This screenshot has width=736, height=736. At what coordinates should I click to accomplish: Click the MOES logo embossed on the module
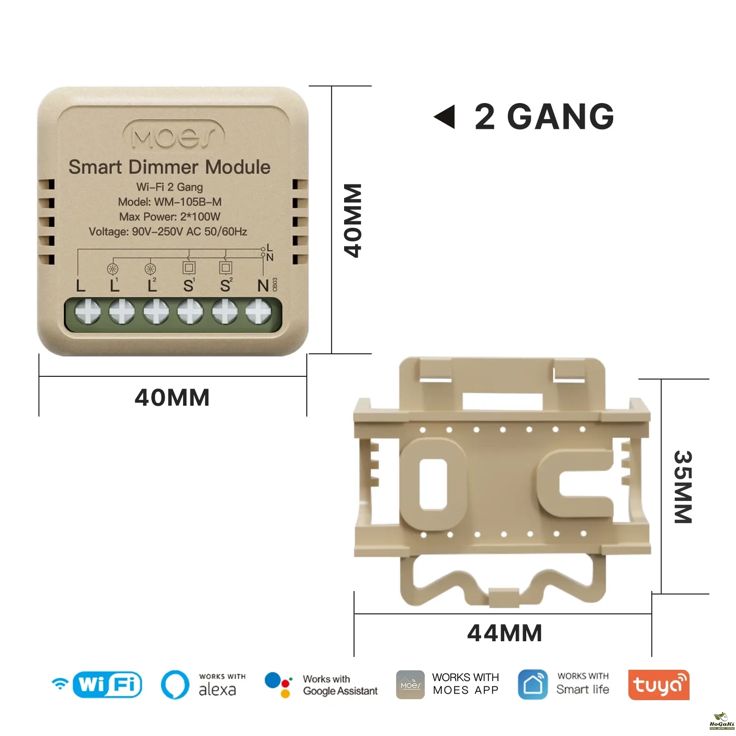(x=173, y=136)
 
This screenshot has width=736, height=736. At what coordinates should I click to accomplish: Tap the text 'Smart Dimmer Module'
(x=169, y=167)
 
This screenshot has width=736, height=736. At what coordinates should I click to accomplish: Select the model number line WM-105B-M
(x=170, y=202)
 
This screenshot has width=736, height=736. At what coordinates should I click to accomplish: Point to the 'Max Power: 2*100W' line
(x=170, y=217)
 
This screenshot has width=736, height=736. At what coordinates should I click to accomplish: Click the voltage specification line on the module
(x=168, y=231)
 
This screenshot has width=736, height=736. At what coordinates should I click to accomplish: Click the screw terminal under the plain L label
(x=87, y=311)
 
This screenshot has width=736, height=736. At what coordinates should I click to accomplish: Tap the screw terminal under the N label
(x=259, y=311)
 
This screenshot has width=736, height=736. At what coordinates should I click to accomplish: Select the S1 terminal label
(x=189, y=285)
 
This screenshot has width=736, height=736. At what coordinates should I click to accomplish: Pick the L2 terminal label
(x=152, y=285)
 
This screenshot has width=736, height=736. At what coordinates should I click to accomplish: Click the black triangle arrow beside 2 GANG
(x=445, y=117)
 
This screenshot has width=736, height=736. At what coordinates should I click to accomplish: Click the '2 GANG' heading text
(x=544, y=117)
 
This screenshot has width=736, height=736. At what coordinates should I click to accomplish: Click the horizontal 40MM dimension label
(x=172, y=397)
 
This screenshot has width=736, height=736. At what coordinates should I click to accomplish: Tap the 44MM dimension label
(x=505, y=633)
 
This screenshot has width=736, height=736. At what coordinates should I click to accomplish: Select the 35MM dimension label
(x=683, y=487)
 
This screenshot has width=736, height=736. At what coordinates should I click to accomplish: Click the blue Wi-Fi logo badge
(x=107, y=684)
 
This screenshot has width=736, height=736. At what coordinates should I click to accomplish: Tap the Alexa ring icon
(x=175, y=684)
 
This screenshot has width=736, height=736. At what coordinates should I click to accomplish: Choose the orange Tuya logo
(x=658, y=685)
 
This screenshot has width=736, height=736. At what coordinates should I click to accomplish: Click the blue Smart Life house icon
(x=533, y=684)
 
